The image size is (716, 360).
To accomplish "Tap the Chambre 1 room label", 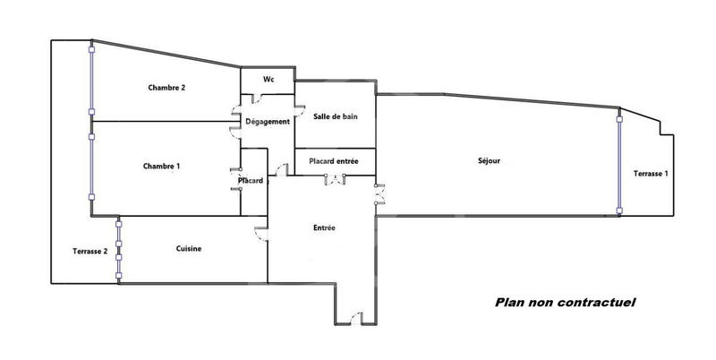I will pyautogui.click(x=161, y=166).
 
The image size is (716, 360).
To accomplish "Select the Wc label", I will pyautogui.click(x=268, y=80).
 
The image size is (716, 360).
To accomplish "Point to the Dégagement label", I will pyautogui.click(x=268, y=122).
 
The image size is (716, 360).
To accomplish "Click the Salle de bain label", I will pyautogui.click(x=336, y=117).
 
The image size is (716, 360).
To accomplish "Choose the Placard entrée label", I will pyautogui.click(x=334, y=161).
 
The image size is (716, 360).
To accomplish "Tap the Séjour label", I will pyautogui.click(x=489, y=161).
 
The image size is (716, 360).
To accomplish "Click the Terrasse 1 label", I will pyautogui.click(x=650, y=173).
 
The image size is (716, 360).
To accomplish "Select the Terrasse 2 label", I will pyautogui.click(x=90, y=252).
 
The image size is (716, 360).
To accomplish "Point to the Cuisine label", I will pyautogui.click(x=188, y=249).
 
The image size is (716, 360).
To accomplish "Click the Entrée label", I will pyautogui.click(x=324, y=227).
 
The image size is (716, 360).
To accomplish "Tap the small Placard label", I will pyautogui.click(x=251, y=181).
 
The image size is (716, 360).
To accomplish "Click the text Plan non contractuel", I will pyautogui.click(x=565, y=303).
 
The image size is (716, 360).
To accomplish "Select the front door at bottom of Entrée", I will pyautogui.click(x=357, y=318).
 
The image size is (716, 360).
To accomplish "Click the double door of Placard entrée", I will pyautogui.click(x=335, y=181).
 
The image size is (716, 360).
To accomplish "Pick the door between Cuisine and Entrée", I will pyautogui.click(x=261, y=234).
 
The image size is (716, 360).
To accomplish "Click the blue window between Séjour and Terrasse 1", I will pyautogui.click(x=618, y=161).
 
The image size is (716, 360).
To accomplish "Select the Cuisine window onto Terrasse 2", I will pyautogui.click(x=118, y=251).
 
